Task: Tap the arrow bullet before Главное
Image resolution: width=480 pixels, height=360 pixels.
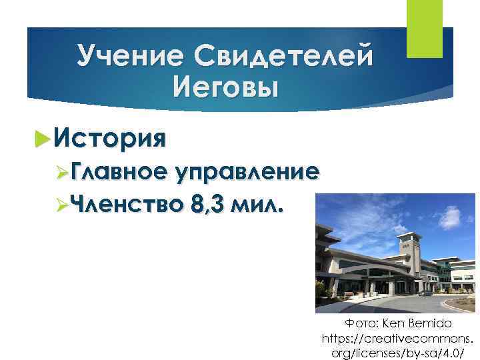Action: pos(61,173)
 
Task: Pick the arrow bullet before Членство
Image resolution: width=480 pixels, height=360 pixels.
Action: pos(61,204)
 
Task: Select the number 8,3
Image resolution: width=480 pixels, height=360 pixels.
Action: pos(206,204)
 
